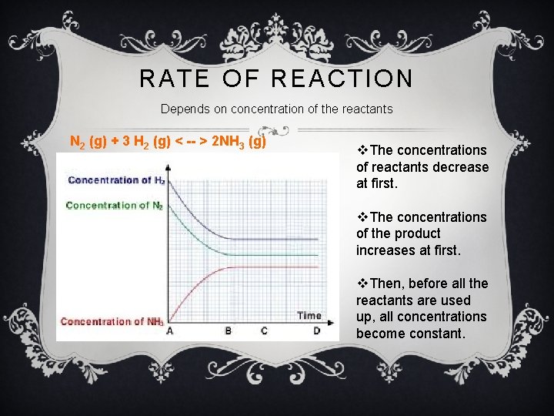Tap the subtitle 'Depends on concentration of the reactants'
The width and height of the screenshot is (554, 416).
coord(276,109)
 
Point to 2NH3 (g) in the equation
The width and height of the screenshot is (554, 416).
coord(238,142)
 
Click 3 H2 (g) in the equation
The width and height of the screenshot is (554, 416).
coord(139,142)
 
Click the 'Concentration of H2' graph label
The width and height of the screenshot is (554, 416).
coord(115,180)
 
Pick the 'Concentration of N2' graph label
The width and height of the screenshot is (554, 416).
coord(114,206)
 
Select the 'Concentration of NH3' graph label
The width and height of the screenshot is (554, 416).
coord(112,322)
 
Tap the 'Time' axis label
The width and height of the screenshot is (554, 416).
coord(309,315)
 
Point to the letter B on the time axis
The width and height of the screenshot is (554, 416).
coord(228,330)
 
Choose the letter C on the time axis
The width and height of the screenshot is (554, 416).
coord(265,330)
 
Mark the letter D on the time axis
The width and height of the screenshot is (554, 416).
coord(317,330)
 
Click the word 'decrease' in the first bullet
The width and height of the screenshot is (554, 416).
coord(460,167)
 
